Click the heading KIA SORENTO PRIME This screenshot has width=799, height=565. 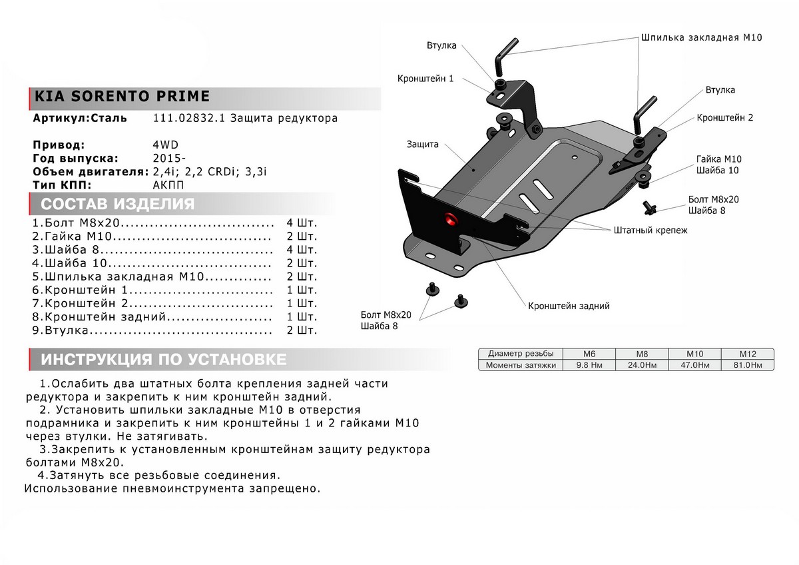tap(121, 97)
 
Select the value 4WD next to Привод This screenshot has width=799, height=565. tap(165, 145)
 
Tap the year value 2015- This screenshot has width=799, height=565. tap(170, 158)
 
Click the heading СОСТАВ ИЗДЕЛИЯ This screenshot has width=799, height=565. tap(118, 204)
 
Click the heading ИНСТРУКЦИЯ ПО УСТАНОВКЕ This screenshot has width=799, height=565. tap(164, 360)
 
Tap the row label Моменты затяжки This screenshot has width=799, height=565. tap(521, 365)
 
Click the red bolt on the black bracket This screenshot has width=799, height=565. tap(450, 219)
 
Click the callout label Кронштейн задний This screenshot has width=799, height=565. tap(569, 306)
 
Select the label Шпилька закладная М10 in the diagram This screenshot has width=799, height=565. tap(701, 38)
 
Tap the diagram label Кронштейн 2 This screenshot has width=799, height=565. tap(724, 117)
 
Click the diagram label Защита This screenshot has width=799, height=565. tap(421, 144)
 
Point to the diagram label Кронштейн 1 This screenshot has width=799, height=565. tap(425, 78)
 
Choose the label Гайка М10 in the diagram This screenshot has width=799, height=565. tap(718, 159)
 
